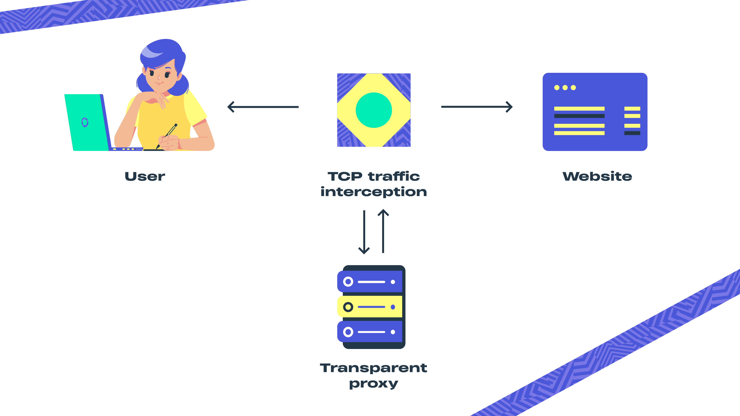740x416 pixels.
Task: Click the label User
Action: [145, 176]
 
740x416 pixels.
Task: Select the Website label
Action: [597, 176]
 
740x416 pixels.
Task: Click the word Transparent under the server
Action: [373, 368]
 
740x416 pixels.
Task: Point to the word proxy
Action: [373, 384]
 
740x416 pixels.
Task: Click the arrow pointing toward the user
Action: [263, 107]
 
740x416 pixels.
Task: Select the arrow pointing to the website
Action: [477, 107]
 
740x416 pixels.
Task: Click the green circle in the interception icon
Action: [374, 110]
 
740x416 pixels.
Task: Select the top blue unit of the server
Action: [371, 282]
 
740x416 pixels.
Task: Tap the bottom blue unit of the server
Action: [371, 332]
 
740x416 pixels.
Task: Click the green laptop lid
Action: [86, 122]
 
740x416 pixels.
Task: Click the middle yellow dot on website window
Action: [565, 88]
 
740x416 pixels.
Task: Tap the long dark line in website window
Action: [579, 116]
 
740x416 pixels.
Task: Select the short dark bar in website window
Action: [632, 133]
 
